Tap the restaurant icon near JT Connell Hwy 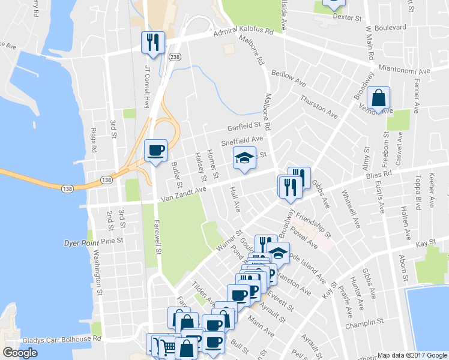[152, 42]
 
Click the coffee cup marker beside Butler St [155, 150]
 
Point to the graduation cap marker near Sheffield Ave [244, 158]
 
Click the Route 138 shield [106, 180]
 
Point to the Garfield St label [246, 127]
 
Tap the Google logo [20, 352]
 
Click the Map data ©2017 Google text [412, 355]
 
